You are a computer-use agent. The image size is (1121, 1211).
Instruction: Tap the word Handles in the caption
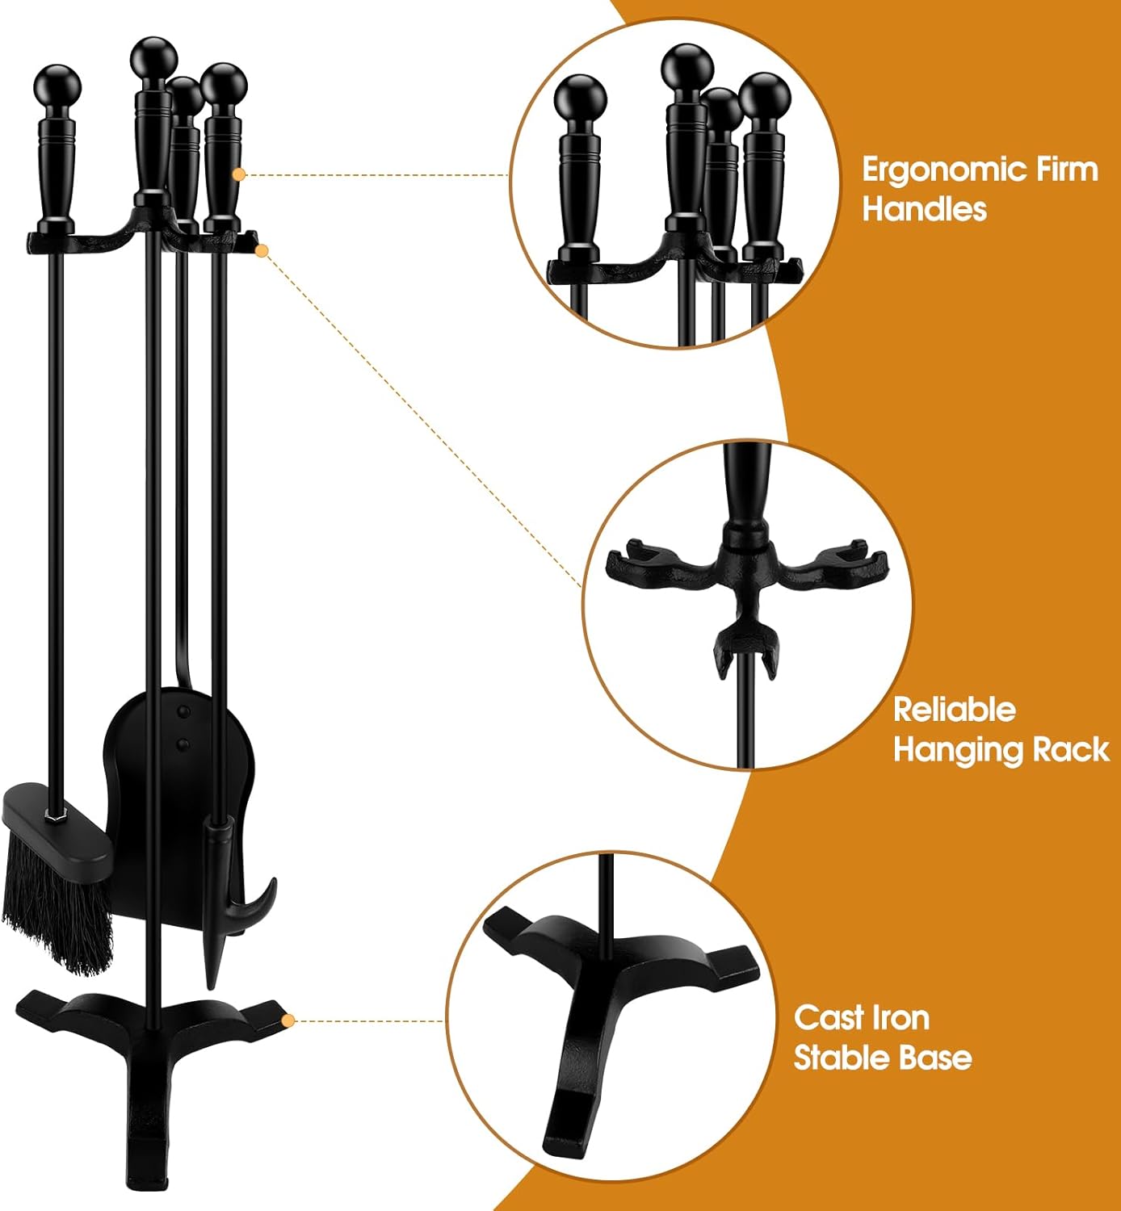924,209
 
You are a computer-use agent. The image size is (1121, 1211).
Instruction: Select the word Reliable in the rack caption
955,710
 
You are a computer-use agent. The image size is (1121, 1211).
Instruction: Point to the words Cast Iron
862,1018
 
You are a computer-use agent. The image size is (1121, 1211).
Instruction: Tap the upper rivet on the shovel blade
183,711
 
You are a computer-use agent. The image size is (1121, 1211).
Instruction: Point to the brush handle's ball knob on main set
58,86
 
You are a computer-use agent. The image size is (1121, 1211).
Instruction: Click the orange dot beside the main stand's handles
239,175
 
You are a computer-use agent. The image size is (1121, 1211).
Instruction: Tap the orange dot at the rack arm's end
262,250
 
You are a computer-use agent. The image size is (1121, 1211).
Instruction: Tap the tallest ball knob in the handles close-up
688,69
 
